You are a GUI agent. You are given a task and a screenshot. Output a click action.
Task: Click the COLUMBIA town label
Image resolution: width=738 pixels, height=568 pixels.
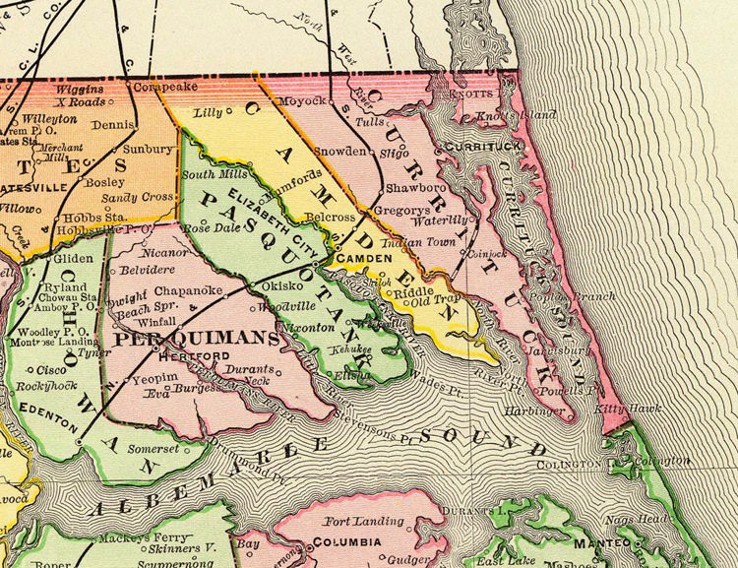pos(344,542)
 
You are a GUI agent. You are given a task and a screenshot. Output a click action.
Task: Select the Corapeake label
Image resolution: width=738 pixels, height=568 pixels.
pos(130,88)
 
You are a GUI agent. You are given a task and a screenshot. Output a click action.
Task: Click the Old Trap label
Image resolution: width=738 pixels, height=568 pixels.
pos(435,298)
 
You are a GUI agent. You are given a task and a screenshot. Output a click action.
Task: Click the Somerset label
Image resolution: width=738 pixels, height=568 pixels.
pos(153,448)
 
